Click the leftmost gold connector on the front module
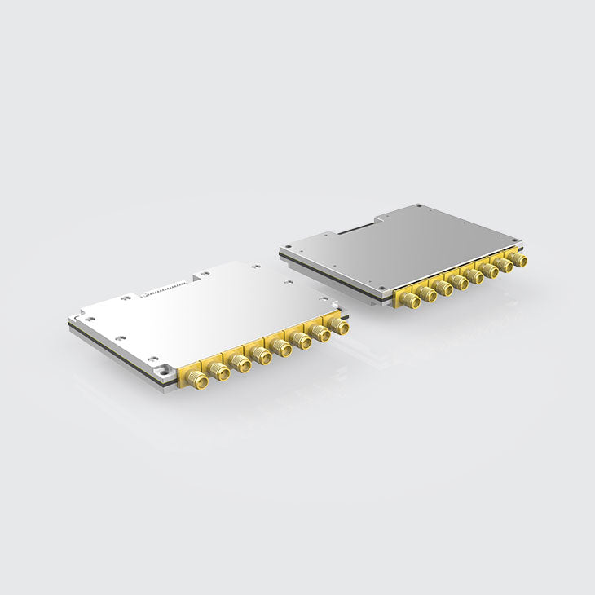pos(196,379)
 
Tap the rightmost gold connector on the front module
pos(340,326)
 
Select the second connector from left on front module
pos(218,372)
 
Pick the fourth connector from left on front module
pos(262,356)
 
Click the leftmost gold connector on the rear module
pos(411,301)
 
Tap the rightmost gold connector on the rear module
pos(518,260)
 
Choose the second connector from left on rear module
pos(428,294)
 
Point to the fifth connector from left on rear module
pos(475,276)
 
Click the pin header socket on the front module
pos(162,289)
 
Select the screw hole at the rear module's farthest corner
pos(418,207)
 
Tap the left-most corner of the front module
pos(70,324)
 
